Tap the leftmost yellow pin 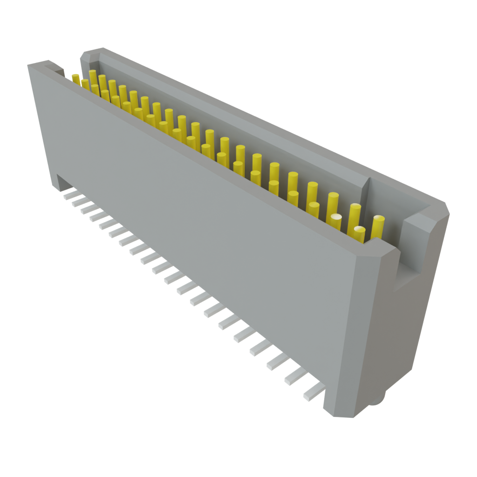(75, 78)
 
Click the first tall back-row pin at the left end (93, 77)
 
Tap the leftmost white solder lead (68, 194)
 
